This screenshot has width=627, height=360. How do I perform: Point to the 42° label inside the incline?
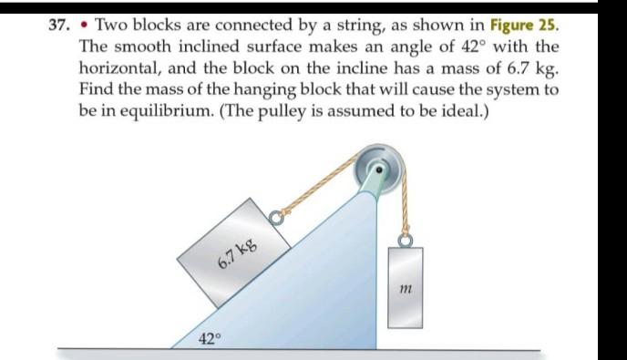pos(210,338)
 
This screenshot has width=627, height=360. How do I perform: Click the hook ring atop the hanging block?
pos(404,239)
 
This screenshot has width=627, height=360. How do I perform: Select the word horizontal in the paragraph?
pos(121,66)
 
